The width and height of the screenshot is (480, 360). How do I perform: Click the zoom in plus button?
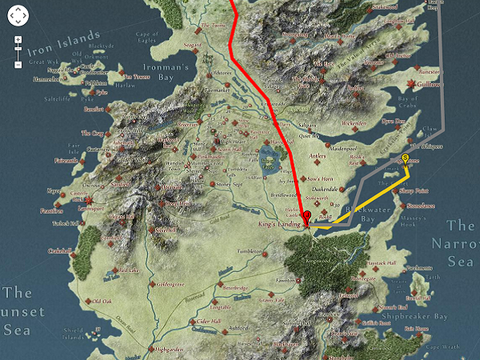click(18, 39)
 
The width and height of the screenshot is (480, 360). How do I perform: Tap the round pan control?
click(18, 14)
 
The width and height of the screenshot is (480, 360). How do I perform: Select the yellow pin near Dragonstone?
click(406, 160)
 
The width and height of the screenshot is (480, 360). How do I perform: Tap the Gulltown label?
click(450, 82)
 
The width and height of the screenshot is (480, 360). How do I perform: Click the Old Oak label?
click(102, 302)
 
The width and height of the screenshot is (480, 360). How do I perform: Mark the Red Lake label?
click(130, 270)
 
